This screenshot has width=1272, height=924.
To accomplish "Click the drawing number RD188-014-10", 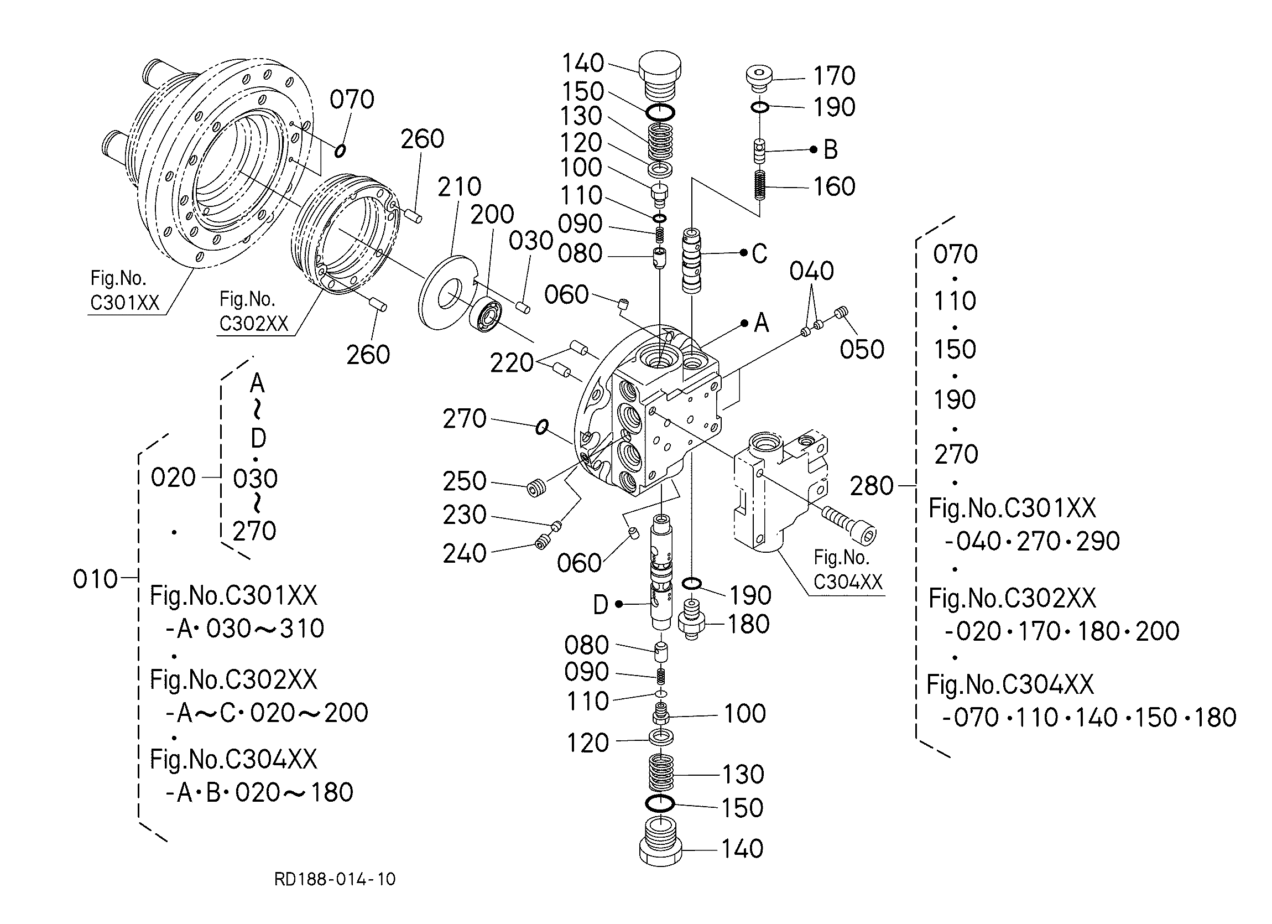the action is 335,879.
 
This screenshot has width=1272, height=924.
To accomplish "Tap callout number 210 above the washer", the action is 460,187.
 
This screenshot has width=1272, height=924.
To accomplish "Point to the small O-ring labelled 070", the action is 340,150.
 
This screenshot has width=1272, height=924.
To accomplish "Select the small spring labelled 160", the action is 759,185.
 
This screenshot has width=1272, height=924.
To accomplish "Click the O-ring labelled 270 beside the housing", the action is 542,427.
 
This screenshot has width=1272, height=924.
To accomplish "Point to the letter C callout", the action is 759,253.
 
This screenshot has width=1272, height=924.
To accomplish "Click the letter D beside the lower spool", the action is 601,605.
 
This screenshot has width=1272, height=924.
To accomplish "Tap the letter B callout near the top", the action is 830,150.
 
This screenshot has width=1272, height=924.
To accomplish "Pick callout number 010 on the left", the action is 95,579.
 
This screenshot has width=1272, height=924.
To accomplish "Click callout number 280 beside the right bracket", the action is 872,486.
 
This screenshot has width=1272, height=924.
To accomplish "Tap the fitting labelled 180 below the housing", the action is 691,619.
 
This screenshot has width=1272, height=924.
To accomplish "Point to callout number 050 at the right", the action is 862,350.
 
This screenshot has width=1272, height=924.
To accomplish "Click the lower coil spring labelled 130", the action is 661,772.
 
